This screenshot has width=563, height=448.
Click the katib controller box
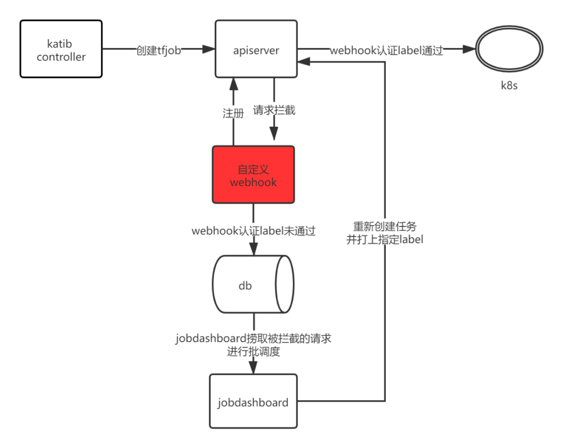(61, 49)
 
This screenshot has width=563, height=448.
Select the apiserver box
(256, 49)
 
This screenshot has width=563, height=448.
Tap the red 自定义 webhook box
(253, 175)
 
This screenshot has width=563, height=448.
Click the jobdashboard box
(253, 402)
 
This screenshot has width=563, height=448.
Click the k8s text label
(509, 85)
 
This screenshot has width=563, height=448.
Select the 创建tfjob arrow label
(158, 50)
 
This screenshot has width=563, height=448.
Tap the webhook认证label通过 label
(386, 50)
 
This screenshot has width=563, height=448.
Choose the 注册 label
(233, 113)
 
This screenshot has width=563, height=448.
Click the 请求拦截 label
(274, 110)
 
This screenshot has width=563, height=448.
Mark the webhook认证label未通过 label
(254, 230)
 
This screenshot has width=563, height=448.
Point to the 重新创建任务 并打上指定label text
(385, 233)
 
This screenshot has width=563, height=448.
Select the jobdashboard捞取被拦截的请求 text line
(253, 339)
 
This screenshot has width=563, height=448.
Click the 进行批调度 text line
(253, 352)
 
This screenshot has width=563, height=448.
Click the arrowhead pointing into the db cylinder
(253, 248)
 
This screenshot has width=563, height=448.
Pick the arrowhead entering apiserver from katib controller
(209, 49)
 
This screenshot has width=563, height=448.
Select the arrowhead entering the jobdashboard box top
(253, 368)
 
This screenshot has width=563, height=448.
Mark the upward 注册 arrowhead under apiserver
(233, 83)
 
